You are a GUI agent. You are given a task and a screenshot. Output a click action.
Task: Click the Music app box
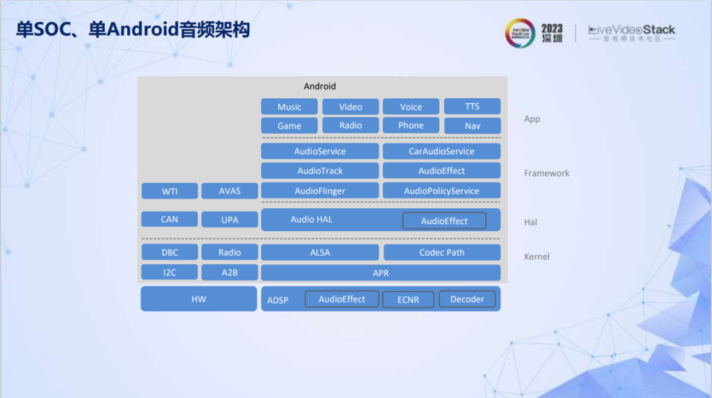[x=289, y=107]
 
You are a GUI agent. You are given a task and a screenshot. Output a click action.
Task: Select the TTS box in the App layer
[x=472, y=106]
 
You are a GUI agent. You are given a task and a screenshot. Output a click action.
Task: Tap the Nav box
[x=472, y=125]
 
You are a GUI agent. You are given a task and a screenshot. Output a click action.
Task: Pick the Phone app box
[x=411, y=125]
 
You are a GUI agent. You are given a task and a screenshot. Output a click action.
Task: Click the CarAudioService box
[x=441, y=151]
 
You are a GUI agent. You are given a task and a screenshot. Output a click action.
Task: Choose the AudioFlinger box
[x=320, y=190]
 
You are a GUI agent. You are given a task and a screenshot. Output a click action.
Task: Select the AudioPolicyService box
[x=441, y=190]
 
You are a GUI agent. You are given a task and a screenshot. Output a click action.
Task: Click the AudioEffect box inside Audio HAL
[x=444, y=221]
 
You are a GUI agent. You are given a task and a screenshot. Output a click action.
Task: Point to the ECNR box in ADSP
[x=408, y=299]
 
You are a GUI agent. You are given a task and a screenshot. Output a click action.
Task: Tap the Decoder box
[x=467, y=299]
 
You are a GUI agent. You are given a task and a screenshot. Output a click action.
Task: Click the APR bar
[x=380, y=272]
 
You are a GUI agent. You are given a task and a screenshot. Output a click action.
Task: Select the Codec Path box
[x=441, y=252]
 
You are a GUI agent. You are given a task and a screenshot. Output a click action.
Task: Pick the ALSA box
[x=320, y=252]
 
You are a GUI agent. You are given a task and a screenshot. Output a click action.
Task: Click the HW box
[x=198, y=298]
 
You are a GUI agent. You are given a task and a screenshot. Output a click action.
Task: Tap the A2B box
[x=229, y=272]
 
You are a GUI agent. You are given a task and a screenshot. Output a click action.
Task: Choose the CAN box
[x=169, y=219]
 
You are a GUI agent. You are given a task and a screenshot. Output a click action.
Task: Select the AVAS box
[x=229, y=191]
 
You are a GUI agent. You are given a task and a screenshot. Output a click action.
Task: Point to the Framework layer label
[x=547, y=173]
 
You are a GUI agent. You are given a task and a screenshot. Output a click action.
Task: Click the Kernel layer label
[x=537, y=256]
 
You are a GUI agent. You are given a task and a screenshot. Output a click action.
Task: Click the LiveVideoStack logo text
[x=632, y=30]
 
